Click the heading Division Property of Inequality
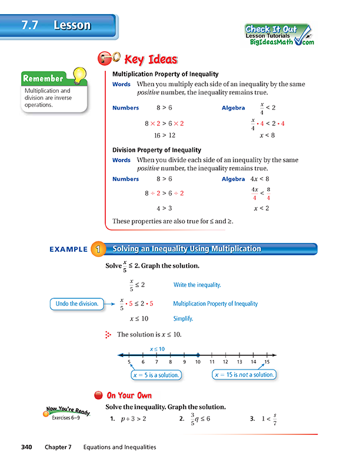click(156, 149)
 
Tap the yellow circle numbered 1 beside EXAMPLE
click(97, 249)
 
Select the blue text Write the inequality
click(197, 285)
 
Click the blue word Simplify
click(183, 318)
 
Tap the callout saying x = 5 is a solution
click(156, 375)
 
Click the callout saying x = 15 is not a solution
click(245, 375)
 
